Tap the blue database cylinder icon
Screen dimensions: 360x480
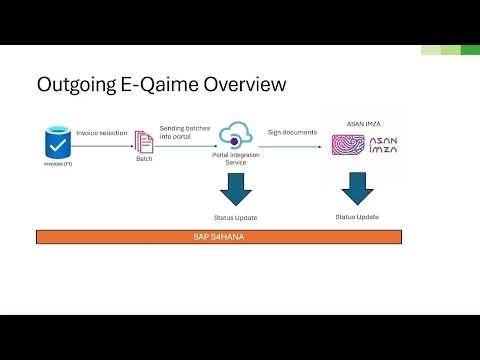click(x=57, y=140)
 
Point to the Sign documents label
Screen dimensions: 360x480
click(x=294, y=132)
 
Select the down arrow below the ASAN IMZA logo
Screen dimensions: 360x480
click(x=357, y=190)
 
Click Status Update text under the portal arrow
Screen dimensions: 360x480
click(x=237, y=217)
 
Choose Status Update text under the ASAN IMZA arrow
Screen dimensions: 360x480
click(x=357, y=217)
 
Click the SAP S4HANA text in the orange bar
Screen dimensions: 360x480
click(x=219, y=238)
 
